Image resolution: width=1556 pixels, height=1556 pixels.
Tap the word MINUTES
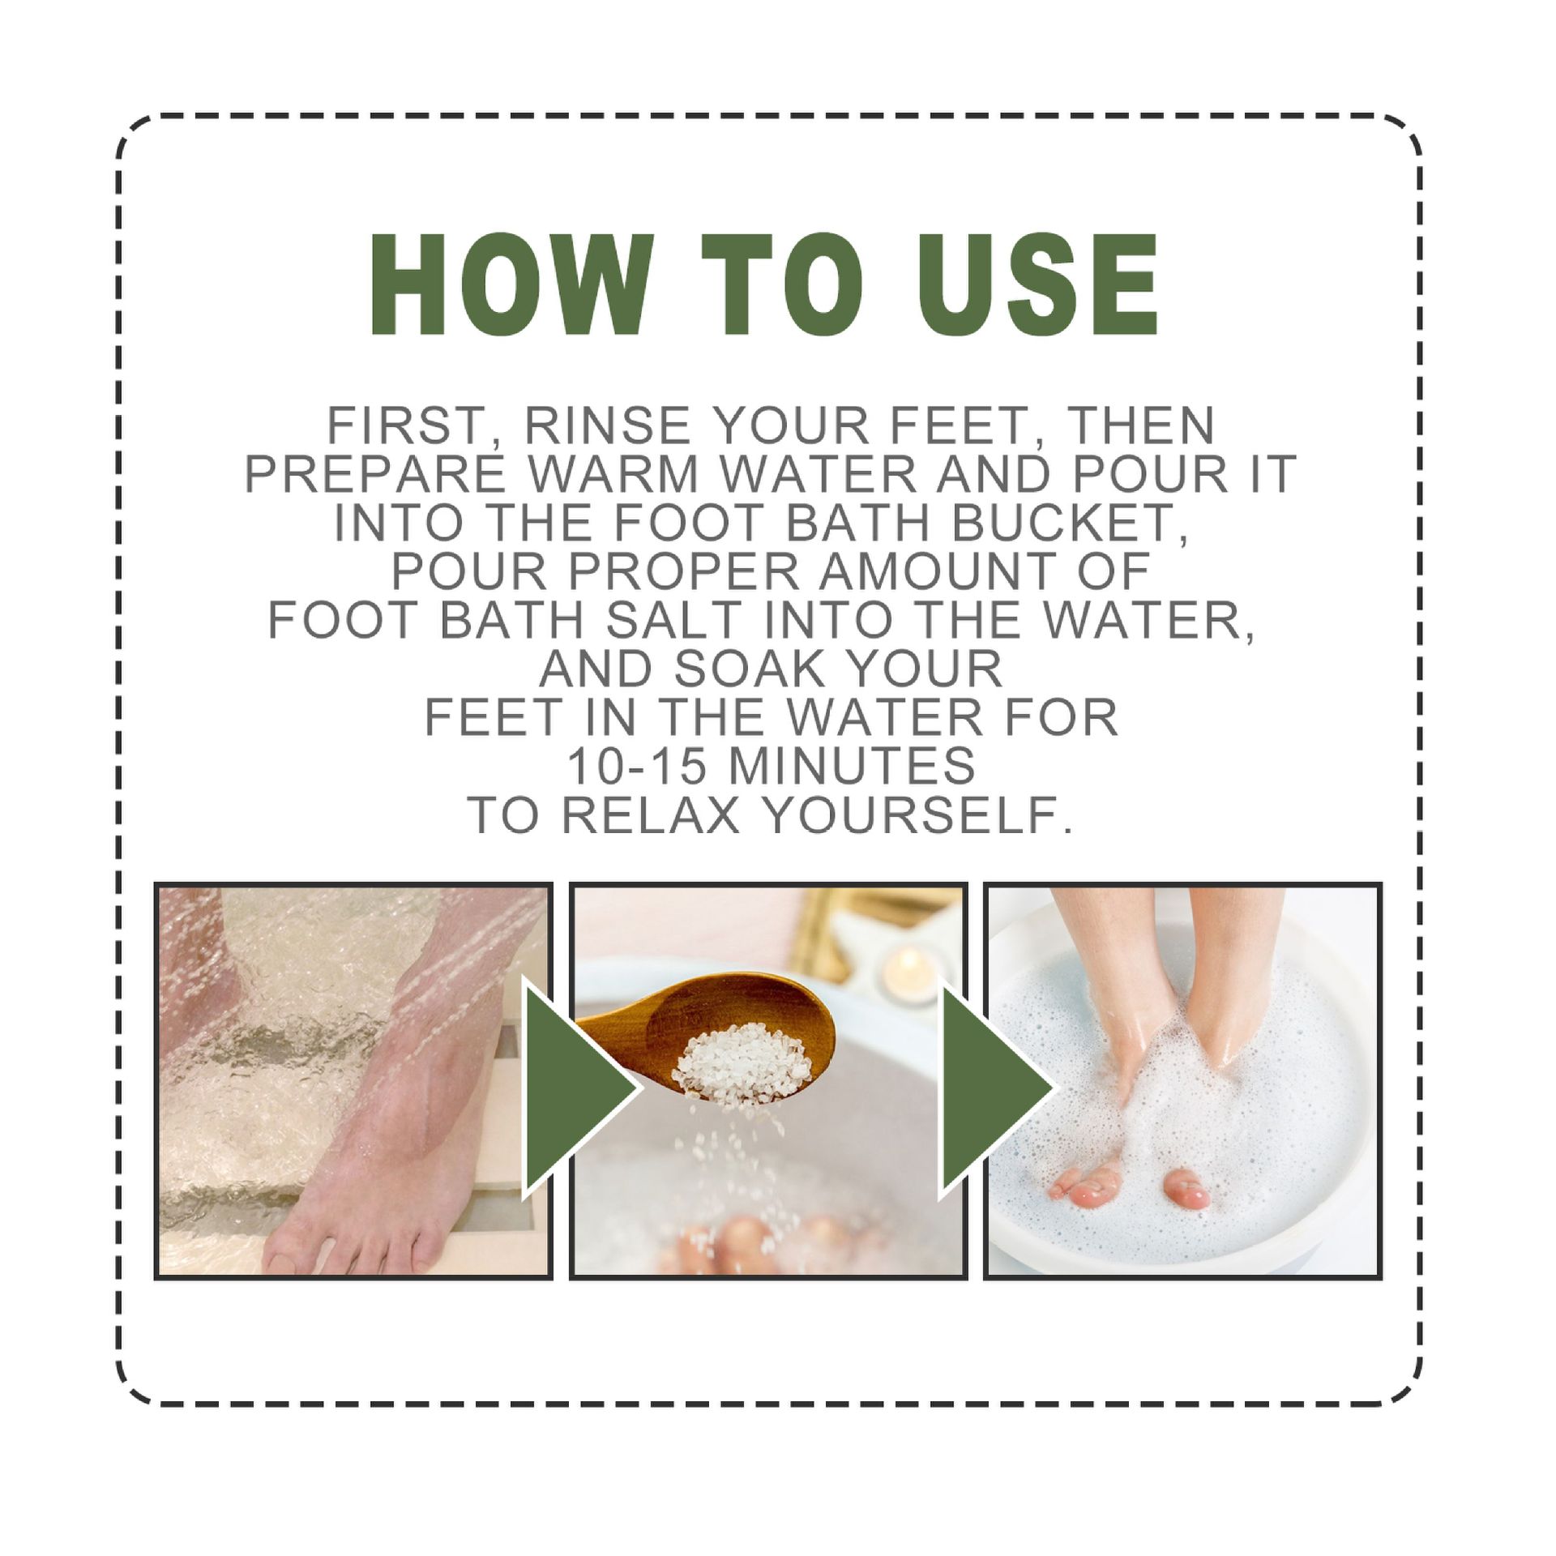853,766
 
